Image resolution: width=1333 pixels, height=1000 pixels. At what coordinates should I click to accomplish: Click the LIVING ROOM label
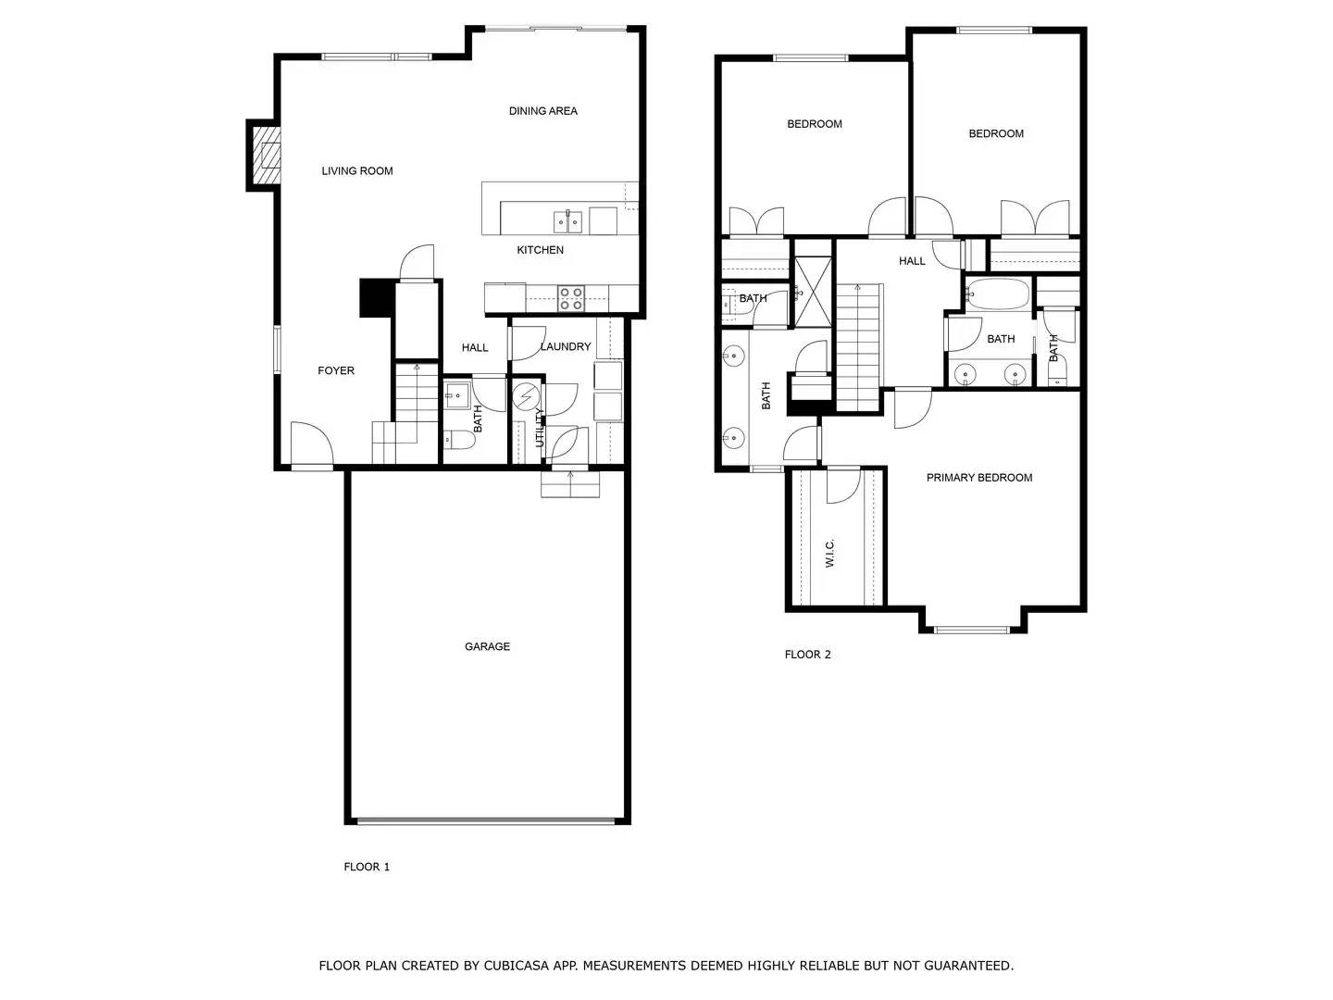pyautogui.click(x=357, y=171)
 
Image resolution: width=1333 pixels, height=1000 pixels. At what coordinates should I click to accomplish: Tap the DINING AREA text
pyautogui.click(x=542, y=111)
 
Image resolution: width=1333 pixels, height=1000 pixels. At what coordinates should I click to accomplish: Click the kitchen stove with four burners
pyautogui.click(x=571, y=299)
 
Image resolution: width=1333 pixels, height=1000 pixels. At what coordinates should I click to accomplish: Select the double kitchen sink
pyautogui.click(x=567, y=222)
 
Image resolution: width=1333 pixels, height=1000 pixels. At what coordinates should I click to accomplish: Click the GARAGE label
pyautogui.click(x=487, y=646)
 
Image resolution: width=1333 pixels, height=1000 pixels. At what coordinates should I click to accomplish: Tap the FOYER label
pyautogui.click(x=336, y=371)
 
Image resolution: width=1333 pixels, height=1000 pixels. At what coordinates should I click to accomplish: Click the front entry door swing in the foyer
pyautogui.click(x=312, y=444)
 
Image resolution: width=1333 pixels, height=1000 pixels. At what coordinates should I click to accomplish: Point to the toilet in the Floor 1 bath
pyautogui.click(x=458, y=439)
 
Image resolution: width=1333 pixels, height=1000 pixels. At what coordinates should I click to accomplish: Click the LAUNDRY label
pyautogui.click(x=566, y=346)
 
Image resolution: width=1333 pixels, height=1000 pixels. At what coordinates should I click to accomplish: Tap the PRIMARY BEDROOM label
pyautogui.click(x=979, y=478)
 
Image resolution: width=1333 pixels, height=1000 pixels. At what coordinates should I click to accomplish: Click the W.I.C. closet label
pyautogui.click(x=830, y=553)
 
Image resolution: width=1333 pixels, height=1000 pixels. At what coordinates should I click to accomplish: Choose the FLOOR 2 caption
pyautogui.click(x=808, y=655)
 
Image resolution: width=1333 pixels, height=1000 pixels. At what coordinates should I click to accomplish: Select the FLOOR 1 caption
pyautogui.click(x=367, y=867)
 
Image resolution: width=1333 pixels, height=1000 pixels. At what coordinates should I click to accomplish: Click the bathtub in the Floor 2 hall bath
pyautogui.click(x=998, y=294)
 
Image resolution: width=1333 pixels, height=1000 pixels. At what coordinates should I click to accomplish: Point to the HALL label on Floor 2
pyautogui.click(x=912, y=261)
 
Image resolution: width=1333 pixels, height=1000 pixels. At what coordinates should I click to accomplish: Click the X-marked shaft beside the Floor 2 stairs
pyautogui.click(x=813, y=292)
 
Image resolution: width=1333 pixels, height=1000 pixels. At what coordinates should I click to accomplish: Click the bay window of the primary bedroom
pyautogui.click(x=972, y=630)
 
